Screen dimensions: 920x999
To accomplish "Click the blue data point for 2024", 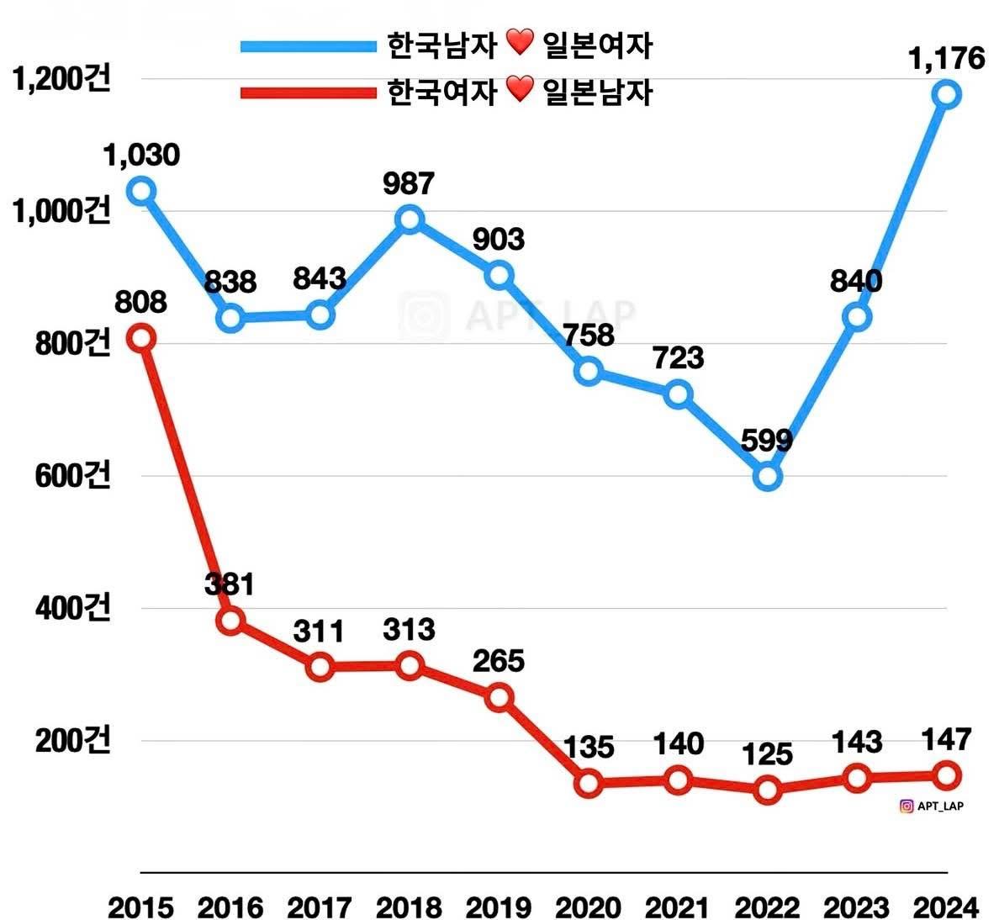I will pyautogui.click(x=947, y=94).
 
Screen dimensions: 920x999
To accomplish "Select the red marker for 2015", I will pyautogui.click(x=141, y=338).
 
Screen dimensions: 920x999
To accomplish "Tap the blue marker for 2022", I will pyautogui.click(x=768, y=477).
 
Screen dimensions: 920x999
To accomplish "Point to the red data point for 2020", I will pyautogui.click(x=589, y=784).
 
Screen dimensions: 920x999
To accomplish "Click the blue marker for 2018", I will pyautogui.click(x=410, y=219).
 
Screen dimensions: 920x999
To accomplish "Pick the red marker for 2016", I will pyautogui.click(x=230, y=621).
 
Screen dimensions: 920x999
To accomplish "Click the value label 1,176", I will pyautogui.click(x=946, y=59).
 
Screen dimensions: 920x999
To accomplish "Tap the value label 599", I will pyautogui.click(x=767, y=440).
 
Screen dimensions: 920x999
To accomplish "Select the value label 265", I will pyautogui.click(x=498, y=661).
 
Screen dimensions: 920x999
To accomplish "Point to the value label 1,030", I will pyautogui.click(x=141, y=155).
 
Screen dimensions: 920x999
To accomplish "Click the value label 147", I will pyautogui.click(x=947, y=739).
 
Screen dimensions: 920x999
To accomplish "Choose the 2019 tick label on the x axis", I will pyautogui.click(x=498, y=908).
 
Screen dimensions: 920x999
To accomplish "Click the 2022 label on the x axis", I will pyautogui.click(x=767, y=908).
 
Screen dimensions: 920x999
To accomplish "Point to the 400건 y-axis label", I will pyautogui.click(x=72, y=608).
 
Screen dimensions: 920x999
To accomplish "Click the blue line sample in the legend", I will pyautogui.click(x=308, y=46).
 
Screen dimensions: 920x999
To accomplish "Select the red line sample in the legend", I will pyautogui.click(x=308, y=92).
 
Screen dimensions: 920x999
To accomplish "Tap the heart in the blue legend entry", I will pyautogui.click(x=521, y=42).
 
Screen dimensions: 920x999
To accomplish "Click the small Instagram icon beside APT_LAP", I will pyautogui.click(x=906, y=806).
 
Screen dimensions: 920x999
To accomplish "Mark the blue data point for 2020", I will pyautogui.click(x=589, y=371).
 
